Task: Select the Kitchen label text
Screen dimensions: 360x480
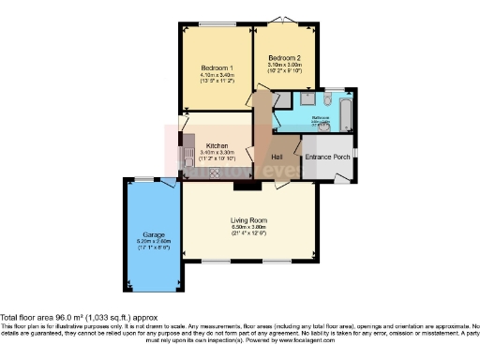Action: click(x=217, y=146)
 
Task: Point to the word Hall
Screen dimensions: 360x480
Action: click(x=277, y=156)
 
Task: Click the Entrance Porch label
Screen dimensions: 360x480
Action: click(x=327, y=156)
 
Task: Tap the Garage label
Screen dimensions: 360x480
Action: click(x=154, y=234)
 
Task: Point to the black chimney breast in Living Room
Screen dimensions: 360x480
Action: click(x=243, y=185)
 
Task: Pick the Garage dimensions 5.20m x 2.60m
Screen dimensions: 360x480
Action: click(x=155, y=242)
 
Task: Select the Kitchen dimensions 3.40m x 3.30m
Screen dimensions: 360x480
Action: click(x=217, y=154)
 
